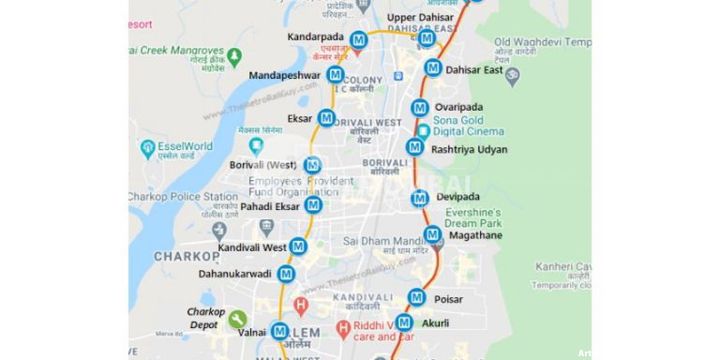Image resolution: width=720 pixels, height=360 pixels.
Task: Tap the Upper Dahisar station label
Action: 421,17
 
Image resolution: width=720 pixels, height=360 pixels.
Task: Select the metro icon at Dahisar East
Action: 433,67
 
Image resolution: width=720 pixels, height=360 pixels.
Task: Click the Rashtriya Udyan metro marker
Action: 414,146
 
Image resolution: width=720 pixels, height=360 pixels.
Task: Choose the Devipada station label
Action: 457,197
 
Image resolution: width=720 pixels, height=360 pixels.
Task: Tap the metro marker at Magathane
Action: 432,234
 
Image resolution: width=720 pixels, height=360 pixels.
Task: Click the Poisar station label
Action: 448,299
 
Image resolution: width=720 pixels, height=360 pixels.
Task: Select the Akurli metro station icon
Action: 405,323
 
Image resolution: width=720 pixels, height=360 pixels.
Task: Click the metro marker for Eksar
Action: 326,118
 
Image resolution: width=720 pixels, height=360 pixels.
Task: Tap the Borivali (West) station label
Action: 262,165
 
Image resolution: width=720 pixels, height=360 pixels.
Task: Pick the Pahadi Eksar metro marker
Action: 314,205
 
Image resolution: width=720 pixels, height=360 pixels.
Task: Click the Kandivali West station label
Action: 252,247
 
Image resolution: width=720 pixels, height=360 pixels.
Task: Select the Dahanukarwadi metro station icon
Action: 287,274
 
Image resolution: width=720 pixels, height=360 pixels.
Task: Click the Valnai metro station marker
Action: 280,331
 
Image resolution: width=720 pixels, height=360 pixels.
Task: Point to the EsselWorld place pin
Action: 148,147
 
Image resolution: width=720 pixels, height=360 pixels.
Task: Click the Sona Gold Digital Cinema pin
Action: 424,132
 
